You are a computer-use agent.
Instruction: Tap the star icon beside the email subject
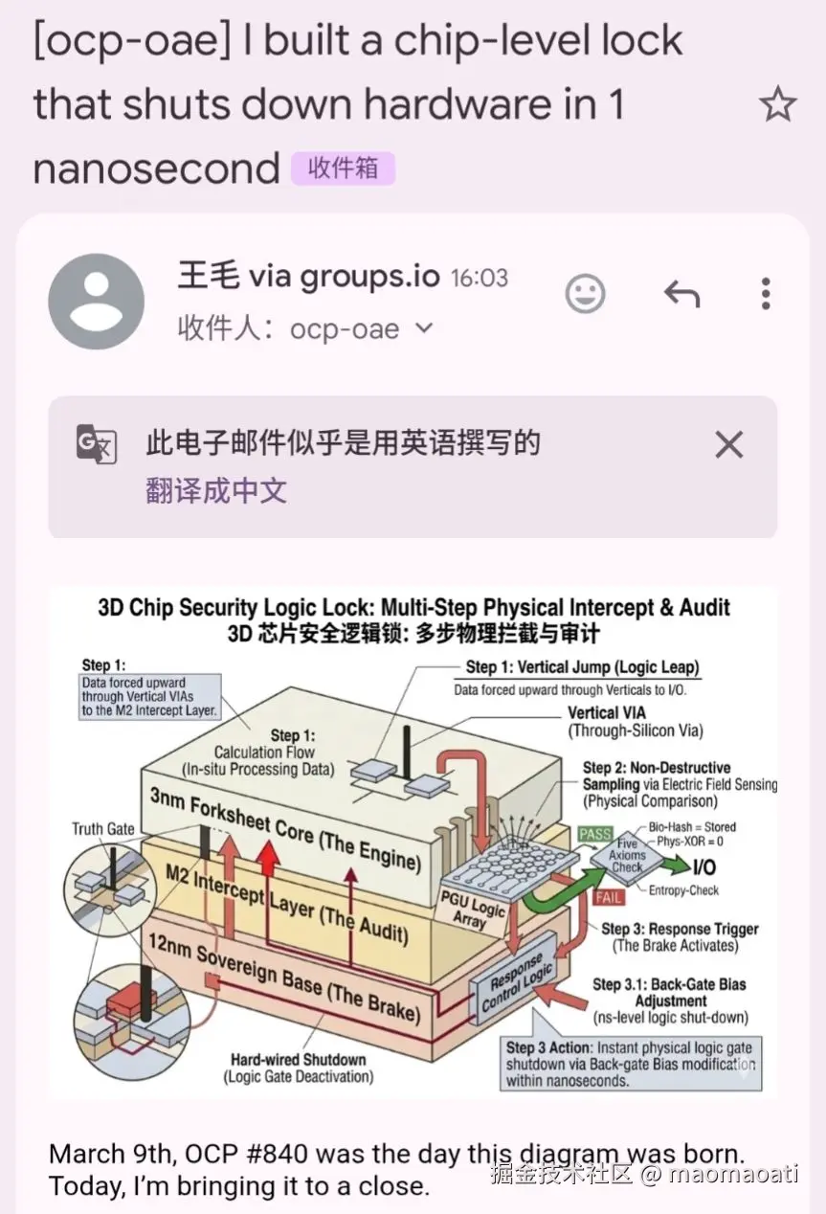tap(777, 104)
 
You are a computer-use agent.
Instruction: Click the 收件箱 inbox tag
tap(343, 169)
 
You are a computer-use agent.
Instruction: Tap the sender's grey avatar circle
tap(97, 302)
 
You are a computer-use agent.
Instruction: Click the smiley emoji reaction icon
tap(585, 294)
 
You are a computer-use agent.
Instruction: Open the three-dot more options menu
tap(765, 294)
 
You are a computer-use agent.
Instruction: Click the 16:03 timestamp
tap(479, 279)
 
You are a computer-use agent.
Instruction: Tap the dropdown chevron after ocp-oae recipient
tap(424, 328)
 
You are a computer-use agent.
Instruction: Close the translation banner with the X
tap(728, 444)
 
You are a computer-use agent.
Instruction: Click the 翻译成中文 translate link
tap(216, 491)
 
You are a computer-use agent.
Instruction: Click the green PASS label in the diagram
tap(594, 835)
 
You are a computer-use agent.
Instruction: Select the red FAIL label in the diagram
tap(610, 897)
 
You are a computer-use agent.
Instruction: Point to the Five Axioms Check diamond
tap(627, 855)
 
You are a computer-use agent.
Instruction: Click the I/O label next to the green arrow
tap(703, 867)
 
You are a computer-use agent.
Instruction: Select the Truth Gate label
tap(102, 829)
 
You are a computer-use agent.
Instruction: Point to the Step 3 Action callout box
tap(630, 1063)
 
